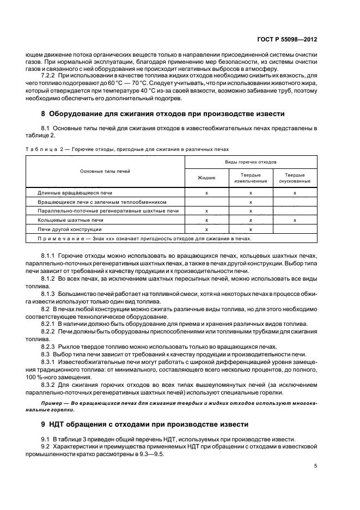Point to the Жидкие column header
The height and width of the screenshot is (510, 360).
(206, 178)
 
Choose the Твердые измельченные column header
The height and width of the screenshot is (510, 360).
(251, 178)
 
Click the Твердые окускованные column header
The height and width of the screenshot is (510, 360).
(295, 178)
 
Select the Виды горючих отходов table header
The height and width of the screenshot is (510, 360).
(251, 162)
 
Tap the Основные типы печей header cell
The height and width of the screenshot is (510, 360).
(105, 171)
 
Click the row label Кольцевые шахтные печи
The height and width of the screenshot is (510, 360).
(70, 220)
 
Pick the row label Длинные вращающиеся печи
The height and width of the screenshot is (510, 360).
(75, 193)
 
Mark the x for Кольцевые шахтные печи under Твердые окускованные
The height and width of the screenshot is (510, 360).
(295, 220)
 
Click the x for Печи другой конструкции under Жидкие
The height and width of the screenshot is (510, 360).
(206, 229)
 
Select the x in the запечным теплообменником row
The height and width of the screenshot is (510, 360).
(251, 202)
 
